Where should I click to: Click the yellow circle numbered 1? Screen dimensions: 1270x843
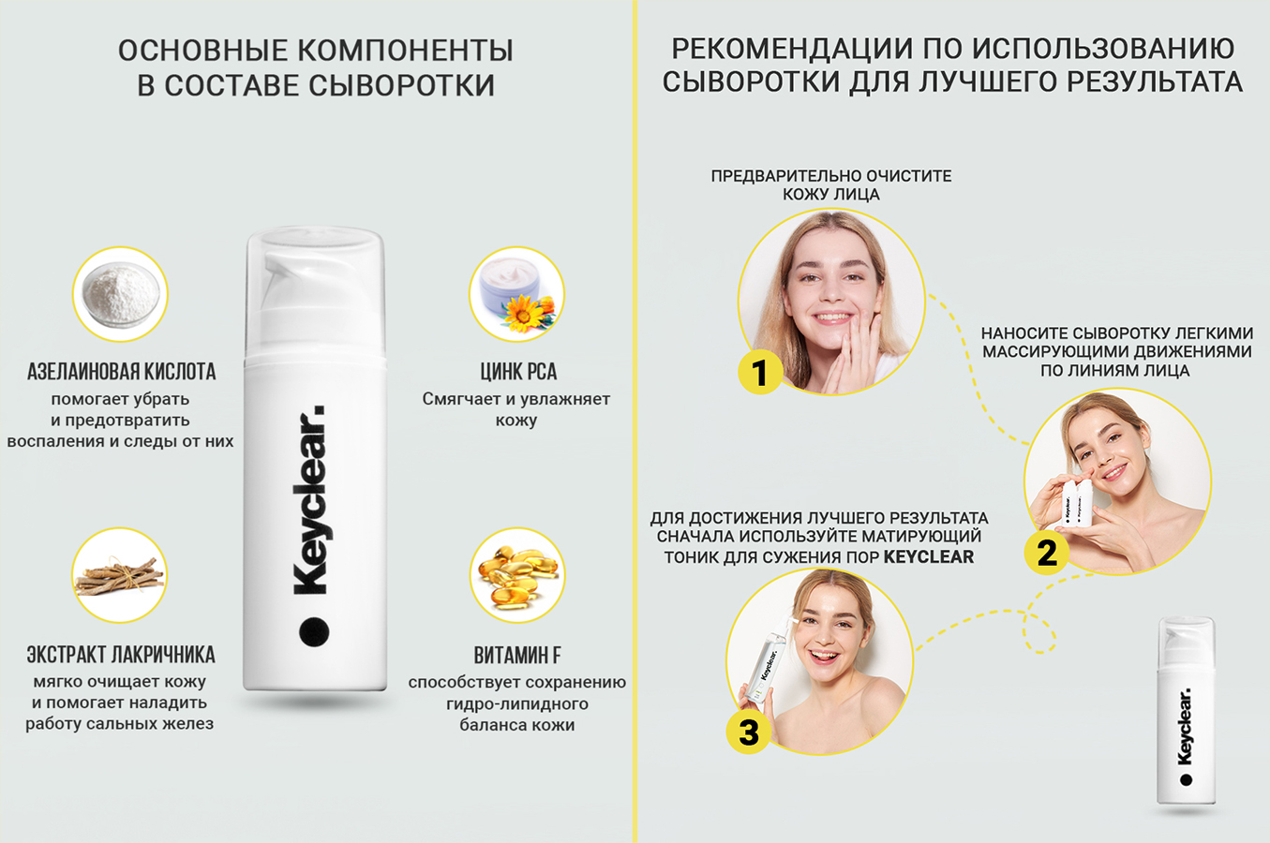tap(760, 372)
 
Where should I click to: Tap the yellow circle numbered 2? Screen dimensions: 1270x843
tap(1047, 553)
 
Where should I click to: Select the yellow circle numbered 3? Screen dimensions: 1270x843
tap(748, 732)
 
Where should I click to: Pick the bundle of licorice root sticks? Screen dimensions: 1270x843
tap(119, 577)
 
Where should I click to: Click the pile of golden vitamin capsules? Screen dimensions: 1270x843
tap(518, 575)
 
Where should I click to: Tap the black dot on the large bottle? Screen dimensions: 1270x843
tap(314, 631)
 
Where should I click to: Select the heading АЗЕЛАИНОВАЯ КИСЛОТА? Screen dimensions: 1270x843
tap(121, 372)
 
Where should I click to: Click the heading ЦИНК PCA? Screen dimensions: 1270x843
tap(518, 372)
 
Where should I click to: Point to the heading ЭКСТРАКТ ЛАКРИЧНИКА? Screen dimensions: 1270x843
tap(121, 655)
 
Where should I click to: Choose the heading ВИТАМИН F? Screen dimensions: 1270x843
tap(517, 655)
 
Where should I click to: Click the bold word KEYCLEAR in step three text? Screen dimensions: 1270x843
tap(928, 557)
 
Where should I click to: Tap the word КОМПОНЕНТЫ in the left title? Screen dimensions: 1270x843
tap(406, 50)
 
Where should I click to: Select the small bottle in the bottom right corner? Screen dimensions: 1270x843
tap(1186, 710)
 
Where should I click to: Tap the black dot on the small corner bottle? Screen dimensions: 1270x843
tap(1186, 780)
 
